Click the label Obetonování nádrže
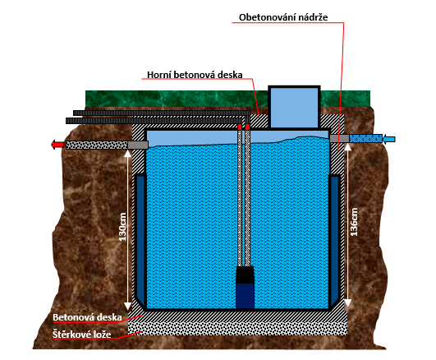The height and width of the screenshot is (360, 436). tap(283, 17)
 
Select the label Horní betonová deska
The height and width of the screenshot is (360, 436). tap(195, 75)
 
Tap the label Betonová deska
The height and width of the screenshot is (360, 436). tap(87, 317)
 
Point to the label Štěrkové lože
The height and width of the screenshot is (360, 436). tap(82, 334)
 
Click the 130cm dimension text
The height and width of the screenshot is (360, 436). tap(122, 227)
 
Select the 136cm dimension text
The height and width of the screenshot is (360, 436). tap(354, 222)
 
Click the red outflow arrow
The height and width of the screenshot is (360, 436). tap(57, 145)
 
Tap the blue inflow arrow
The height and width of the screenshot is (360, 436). tap(389, 139)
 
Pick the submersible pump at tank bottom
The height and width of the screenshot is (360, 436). tap(245, 288)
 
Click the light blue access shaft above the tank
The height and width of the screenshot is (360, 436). tap(294, 108)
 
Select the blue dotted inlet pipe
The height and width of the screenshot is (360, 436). tap(365, 139)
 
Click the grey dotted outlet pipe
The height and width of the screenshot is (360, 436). tap(97, 145)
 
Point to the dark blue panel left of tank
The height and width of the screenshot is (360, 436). tap(140, 240)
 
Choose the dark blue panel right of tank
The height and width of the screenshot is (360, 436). tap(335, 240)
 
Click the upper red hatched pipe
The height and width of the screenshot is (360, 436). tap(162, 113)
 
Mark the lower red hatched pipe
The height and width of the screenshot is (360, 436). tap(154, 121)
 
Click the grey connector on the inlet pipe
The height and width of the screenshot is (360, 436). tap(339, 139)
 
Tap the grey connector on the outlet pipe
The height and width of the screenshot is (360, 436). tap(138, 145)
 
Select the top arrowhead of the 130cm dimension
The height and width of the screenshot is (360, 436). tap(127, 154)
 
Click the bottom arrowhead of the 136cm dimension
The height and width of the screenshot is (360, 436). tap(348, 303)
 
